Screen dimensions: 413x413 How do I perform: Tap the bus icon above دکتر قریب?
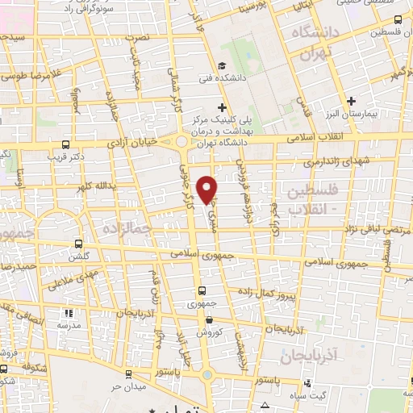(x=65, y=145)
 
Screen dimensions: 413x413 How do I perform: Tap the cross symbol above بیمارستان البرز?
(x=350, y=102)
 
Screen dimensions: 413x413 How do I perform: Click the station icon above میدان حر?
(x=128, y=373)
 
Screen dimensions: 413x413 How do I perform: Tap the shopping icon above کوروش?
(x=208, y=320)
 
